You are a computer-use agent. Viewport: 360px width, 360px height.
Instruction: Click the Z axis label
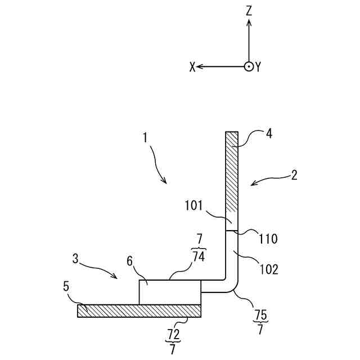pyautogui.click(x=249, y=11)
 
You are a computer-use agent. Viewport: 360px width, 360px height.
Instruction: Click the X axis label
pyautogui.click(x=192, y=67)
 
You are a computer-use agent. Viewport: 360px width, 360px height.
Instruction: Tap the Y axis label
pyautogui.click(x=258, y=67)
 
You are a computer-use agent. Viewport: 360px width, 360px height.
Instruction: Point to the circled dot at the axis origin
pyautogui.click(x=249, y=66)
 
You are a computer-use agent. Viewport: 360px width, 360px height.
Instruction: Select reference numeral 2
pyautogui.click(x=294, y=174)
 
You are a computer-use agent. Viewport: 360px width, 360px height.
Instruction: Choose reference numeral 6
pyautogui.click(x=129, y=262)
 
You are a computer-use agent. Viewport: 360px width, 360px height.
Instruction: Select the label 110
pyautogui.click(x=268, y=238)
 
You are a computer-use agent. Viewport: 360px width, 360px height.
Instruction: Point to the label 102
pyautogui.click(x=269, y=269)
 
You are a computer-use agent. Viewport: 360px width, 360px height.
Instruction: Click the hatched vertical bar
pyautogui.click(x=232, y=177)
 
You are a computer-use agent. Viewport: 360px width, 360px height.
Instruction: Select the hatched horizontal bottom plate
pyautogui.click(x=139, y=310)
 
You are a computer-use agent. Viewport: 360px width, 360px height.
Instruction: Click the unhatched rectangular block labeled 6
pyautogui.click(x=169, y=292)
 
